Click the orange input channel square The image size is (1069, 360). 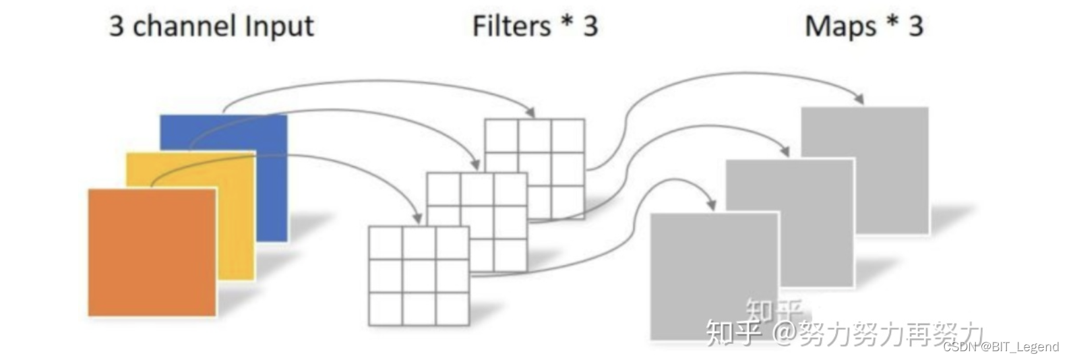(152, 252)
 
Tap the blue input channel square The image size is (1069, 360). (270, 175)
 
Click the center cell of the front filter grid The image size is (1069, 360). (419, 276)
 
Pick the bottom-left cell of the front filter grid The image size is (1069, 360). (386, 309)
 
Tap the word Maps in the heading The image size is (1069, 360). (840, 26)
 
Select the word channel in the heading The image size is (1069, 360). (184, 26)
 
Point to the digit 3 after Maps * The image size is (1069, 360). (915, 26)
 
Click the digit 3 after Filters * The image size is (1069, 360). (590, 26)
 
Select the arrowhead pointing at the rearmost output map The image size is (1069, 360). (859, 99)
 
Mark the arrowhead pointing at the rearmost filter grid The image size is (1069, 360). (530, 112)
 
